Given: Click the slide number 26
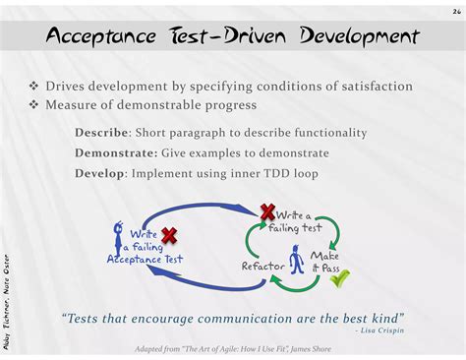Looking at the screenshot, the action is tap(457, 12).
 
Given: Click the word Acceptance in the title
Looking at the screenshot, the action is tap(101, 35).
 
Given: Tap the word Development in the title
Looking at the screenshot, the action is tap(360, 35).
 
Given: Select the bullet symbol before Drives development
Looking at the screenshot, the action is tap(33, 87).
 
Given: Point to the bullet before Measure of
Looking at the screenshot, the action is tap(33, 105).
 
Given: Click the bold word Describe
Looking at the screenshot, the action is tap(101, 133).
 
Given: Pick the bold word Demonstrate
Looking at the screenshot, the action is tap(116, 153).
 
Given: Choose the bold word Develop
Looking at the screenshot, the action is tap(99, 173).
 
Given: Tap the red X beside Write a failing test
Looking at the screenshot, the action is tap(267, 211).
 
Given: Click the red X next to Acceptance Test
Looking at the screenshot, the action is tap(169, 236).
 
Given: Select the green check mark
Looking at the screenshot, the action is tap(339, 278).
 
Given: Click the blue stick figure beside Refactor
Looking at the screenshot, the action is tap(297, 260).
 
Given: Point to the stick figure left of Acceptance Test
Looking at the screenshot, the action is tap(118, 238).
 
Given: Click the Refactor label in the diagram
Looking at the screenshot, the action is tap(262, 266).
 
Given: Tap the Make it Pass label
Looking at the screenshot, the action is tap(325, 262).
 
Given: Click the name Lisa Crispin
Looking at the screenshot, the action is tap(382, 330).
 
